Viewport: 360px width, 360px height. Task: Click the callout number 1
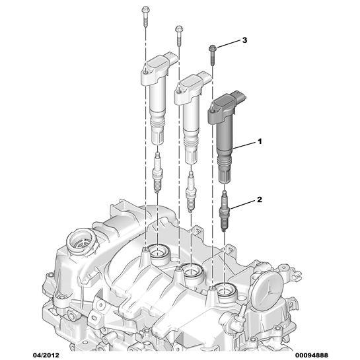click(x=260, y=141)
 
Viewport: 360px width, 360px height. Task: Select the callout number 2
click(x=260, y=198)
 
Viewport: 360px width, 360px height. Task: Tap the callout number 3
click(x=245, y=41)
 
